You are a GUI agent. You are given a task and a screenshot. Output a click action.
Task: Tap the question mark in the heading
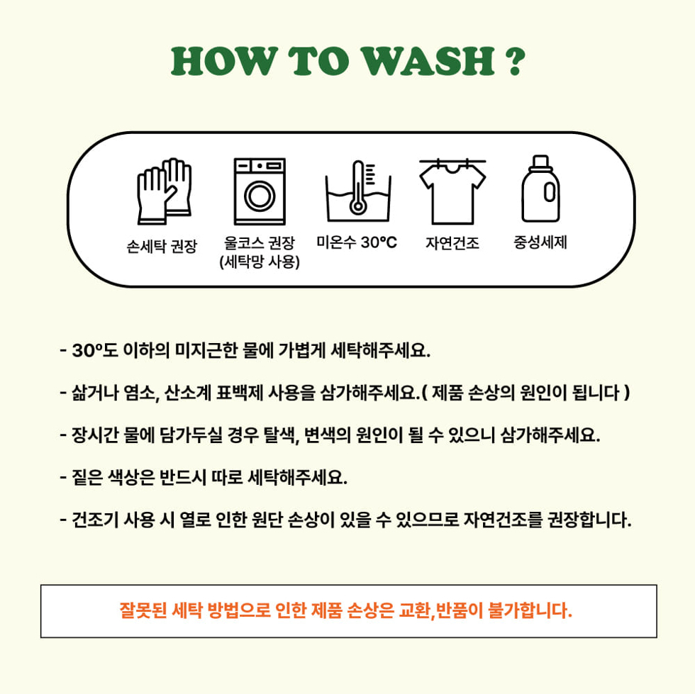(x=515, y=61)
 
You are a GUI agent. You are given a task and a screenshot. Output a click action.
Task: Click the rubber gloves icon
(x=165, y=191)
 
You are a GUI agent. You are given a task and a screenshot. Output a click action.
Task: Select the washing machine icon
(x=260, y=191)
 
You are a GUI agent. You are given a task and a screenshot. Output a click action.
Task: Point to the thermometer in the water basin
(x=357, y=188)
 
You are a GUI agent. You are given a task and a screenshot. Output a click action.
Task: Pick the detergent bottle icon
(x=540, y=189)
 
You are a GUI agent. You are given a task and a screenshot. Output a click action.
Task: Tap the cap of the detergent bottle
(x=540, y=162)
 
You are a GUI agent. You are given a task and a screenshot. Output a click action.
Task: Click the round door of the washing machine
(x=260, y=196)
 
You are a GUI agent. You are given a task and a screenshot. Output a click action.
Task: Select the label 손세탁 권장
(x=162, y=246)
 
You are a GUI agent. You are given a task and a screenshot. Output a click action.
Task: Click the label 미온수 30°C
(x=357, y=242)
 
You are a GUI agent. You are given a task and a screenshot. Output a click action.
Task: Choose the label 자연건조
(x=452, y=243)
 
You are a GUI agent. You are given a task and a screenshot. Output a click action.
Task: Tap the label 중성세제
(x=540, y=242)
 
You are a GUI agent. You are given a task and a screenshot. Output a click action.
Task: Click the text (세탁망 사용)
(x=260, y=262)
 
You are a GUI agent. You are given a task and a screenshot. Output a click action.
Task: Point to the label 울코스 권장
(x=260, y=242)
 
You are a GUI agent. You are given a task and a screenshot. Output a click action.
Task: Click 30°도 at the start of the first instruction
(x=95, y=351)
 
